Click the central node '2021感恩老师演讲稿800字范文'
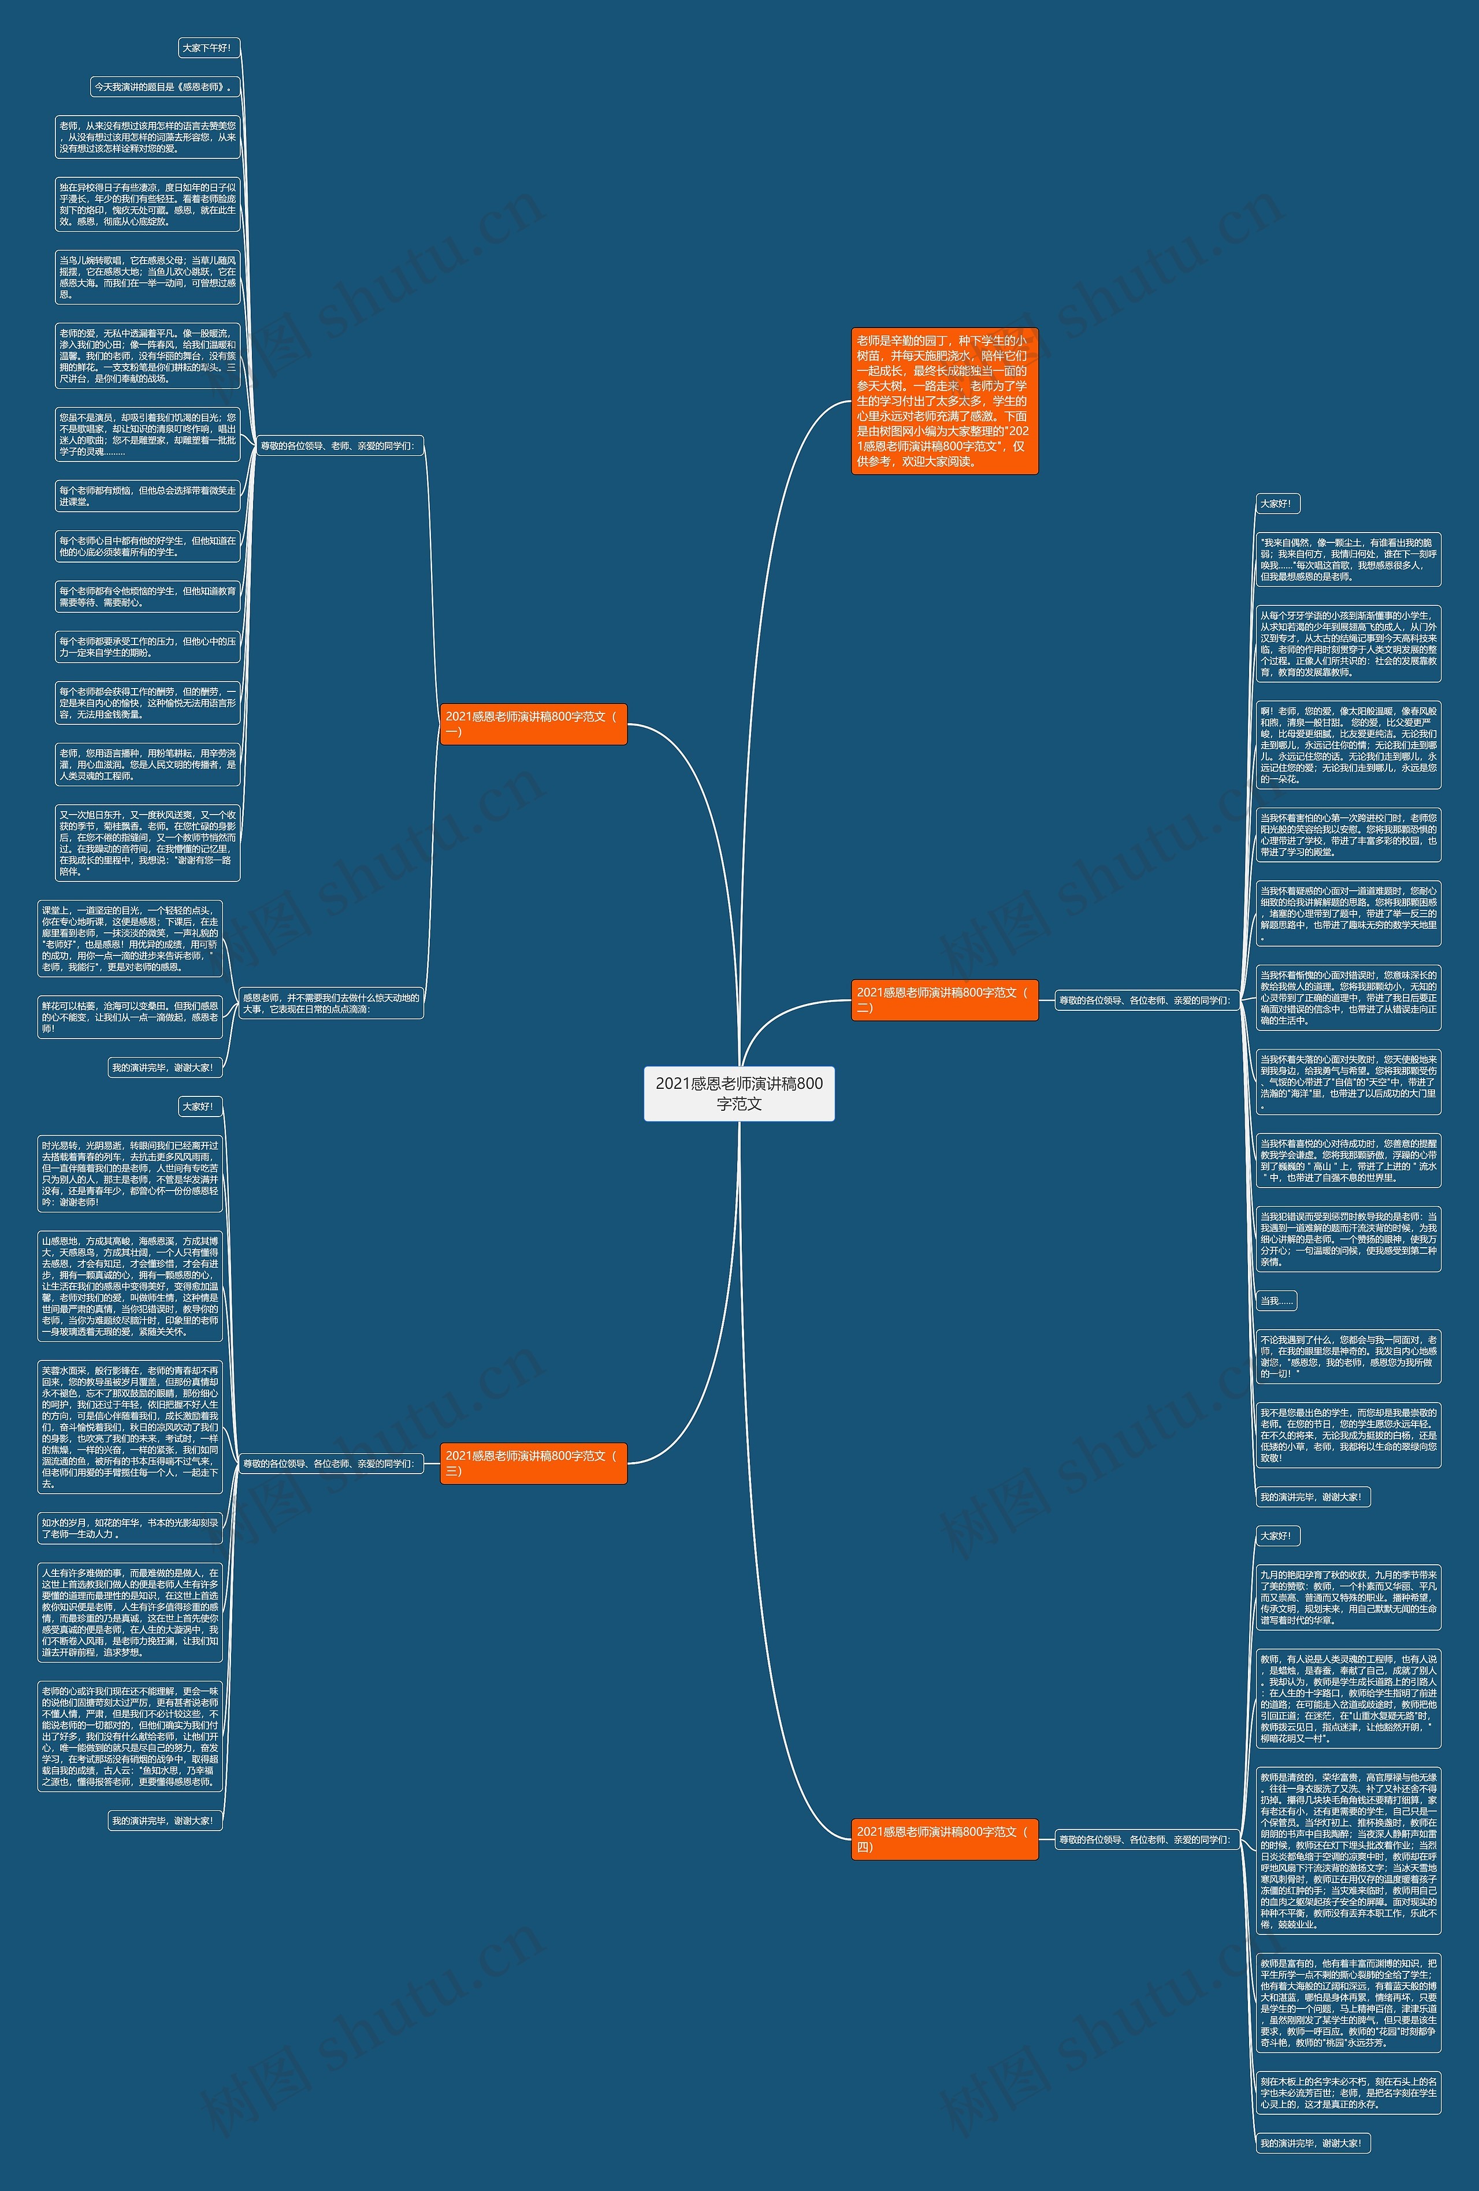739,1093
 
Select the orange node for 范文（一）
533,724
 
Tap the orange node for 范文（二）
943,999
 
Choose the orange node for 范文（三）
533,1463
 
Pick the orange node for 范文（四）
943,1839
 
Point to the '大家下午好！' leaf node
207,48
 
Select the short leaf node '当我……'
1276,1301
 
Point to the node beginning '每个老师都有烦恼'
147,496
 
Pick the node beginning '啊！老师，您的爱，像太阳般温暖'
1348,745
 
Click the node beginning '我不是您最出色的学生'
1348,1435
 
